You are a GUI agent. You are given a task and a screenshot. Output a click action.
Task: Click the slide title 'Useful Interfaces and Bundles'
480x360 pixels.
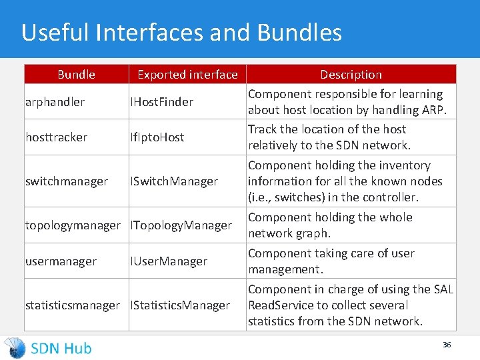pyautogui.click(x=181, y=33)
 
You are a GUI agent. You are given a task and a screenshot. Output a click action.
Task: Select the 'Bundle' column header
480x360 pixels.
pyautogui.click(x=76, y=75)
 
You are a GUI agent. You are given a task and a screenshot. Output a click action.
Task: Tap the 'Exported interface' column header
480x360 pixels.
pyautogui.click(x=187, y=75)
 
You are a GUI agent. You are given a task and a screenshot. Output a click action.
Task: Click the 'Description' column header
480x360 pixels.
pyautogui.click(x=351, y=75)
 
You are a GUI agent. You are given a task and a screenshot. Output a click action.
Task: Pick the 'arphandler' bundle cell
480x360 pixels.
pyautogui.click(x=55, y=102)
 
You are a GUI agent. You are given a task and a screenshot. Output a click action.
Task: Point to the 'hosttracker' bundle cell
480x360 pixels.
pyautogui.click(x=56, y=137)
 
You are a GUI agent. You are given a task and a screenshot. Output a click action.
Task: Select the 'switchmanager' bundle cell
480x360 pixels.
pyautogui.click(x=66, y=181)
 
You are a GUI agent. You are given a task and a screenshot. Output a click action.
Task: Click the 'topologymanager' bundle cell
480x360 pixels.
pyautogui.click(x=73, y=225)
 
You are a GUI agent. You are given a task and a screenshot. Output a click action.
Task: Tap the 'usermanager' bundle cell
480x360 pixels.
pyautogui.click(x=61, y=261)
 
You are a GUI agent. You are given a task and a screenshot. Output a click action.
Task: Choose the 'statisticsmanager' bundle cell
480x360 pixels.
pyautogui.click(x=73, y=305)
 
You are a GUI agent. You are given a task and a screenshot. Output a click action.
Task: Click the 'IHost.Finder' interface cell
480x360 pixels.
pyautogui.click(x=161, y=102)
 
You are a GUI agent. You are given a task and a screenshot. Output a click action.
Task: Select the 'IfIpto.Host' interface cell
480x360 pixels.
pyautogui.click(x=157, y=137)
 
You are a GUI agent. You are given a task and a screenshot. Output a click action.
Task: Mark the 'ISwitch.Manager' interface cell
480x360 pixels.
pyautogui.click(x=174, y=181)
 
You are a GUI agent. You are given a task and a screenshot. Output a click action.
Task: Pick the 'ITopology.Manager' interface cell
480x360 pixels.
pyautogui.click(x=181, y=225)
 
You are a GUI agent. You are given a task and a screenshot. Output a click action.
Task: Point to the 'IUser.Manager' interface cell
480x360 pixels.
pyautogui.click(x=169, y=261)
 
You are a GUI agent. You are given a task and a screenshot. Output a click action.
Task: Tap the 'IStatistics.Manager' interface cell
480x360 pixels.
pyautogui.click(x=180, y=305)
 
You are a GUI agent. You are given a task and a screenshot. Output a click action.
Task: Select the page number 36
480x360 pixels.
pyautogui.click(x=447, y=345)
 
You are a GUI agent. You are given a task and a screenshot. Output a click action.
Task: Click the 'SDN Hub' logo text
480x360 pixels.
pyautogui.click(x=61, y=348)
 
